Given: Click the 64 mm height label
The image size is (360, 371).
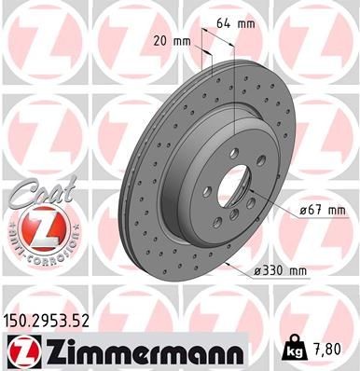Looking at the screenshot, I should point(238,22).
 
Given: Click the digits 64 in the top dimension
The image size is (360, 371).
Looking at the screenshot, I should point(230,22).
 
